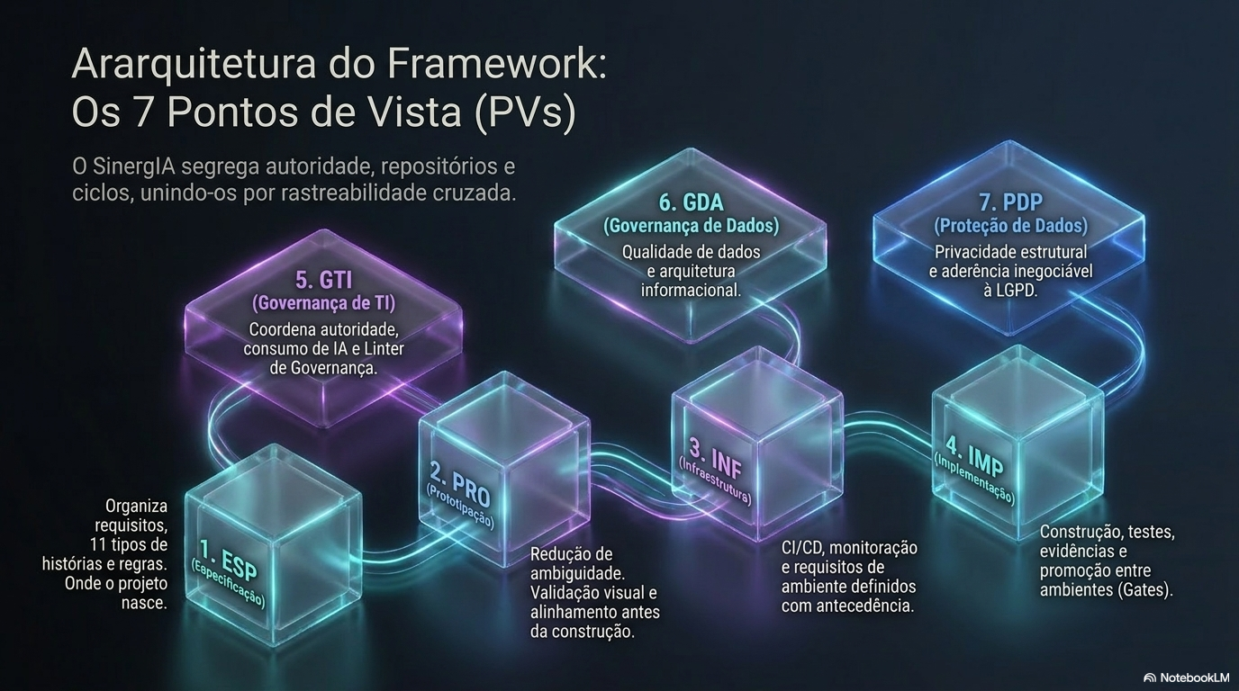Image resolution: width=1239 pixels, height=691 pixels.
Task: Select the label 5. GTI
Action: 323,280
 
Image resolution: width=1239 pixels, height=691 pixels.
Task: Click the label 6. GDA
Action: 691,202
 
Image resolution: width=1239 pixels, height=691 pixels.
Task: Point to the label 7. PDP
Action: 1010,202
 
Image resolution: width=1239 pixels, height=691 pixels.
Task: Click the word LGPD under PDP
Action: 1016,291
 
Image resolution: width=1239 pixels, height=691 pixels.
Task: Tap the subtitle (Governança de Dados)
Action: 691,226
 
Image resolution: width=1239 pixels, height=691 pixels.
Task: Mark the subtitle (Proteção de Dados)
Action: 1010,226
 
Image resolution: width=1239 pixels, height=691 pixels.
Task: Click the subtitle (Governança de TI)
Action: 323,303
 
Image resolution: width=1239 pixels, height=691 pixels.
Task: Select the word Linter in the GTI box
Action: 384,349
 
